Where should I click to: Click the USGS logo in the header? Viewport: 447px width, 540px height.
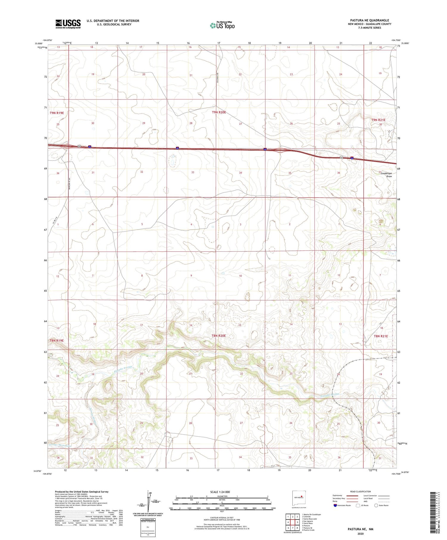tap(68, 24)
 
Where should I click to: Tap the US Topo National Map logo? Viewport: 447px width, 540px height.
tap(222, 25)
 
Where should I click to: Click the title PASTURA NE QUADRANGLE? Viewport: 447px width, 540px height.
tap(370, 20)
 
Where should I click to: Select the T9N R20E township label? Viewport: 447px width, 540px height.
tap(219, 112)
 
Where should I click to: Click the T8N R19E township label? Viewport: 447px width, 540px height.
tap(57, 340)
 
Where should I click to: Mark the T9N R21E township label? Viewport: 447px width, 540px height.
tap(378, 120)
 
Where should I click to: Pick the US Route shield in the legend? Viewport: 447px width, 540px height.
tap(358, 505)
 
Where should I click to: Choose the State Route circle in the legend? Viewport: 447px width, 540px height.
tap(376, 505)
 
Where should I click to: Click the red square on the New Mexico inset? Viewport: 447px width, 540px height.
tap(302, 497)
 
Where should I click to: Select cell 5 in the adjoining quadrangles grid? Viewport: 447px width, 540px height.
tap(297, 522)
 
